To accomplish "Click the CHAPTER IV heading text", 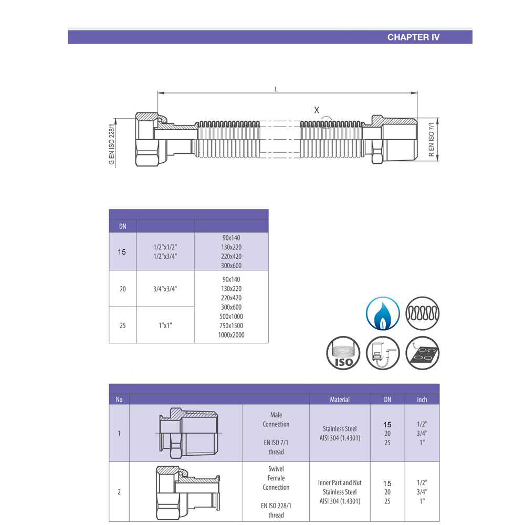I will click(413, 37).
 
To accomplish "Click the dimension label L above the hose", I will click(276, 89).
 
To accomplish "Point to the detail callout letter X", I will click(317, 110).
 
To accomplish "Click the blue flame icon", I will click(383, 313).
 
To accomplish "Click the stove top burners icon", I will click(423, 353).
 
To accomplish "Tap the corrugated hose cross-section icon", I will click(423, 313).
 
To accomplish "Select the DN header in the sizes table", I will click(122, 226).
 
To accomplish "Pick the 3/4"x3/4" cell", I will click(165, 288).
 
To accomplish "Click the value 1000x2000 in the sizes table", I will click(231, 335).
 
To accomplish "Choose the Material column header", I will click(340, 400).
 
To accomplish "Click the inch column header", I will click(422, 400).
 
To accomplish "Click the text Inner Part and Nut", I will click(340, 482).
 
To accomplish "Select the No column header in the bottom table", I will click(119, 400).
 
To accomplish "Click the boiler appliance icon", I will click(383, 353).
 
